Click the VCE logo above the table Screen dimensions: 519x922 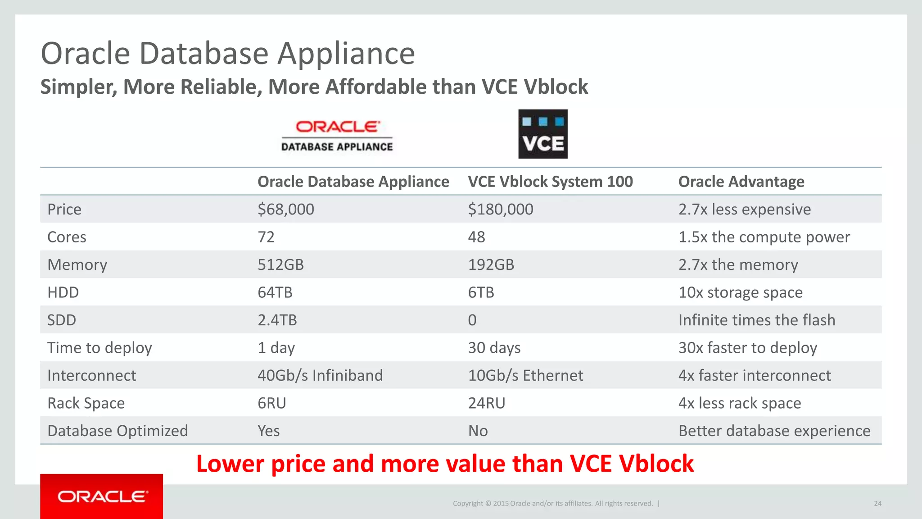(542, 134)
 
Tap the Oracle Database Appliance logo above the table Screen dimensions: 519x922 (337, 136)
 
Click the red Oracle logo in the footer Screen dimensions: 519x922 (102, 496)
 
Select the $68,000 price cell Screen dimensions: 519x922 (286, 209)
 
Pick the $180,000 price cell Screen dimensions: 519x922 (501, 209)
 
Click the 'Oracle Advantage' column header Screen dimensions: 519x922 (741, 182)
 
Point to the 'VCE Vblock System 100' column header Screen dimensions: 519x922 (550, 182)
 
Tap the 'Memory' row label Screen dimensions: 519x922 (77, 265)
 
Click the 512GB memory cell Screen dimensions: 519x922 (280, 265)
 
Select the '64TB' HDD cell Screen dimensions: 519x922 (275, 292)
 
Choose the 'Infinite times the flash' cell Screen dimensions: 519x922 (757, 320)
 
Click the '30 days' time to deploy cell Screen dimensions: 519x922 (494, 348)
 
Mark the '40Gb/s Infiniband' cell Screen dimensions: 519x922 (320, 375)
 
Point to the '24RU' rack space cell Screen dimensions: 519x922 (487, 403)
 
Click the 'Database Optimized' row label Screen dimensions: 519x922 (118, 431)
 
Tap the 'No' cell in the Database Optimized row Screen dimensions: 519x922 (478, 431)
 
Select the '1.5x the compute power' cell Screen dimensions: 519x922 (764, 237)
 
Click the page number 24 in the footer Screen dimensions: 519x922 (877, 504)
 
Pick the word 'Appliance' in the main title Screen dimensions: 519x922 (346, 54)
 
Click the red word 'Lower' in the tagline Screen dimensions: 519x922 (230, 464)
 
